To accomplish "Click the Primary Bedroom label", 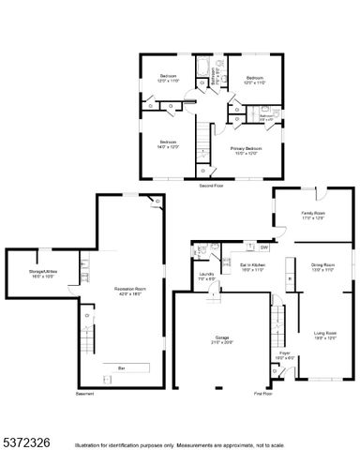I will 246,147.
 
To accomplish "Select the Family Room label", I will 313,213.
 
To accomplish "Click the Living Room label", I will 325,332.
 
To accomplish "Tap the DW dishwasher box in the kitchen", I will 264,247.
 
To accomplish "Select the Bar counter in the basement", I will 121,367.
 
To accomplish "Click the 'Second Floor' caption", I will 211,187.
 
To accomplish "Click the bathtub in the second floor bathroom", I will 202,67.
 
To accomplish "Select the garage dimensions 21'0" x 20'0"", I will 222,342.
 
